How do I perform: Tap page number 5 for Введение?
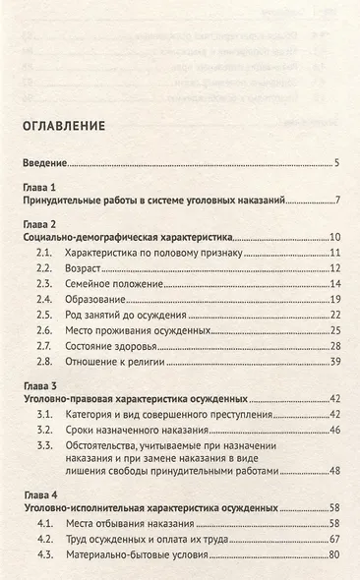point(336,163)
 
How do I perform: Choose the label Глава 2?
point(41,223)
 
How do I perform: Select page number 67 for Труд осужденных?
point(334,544)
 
